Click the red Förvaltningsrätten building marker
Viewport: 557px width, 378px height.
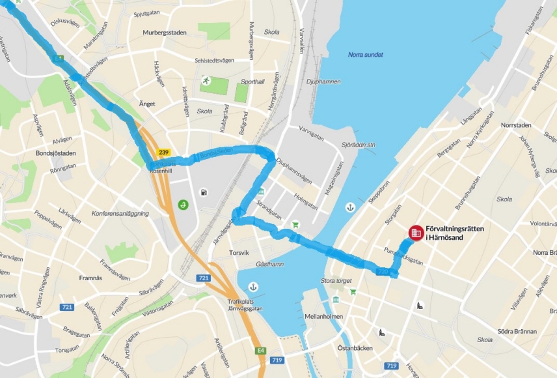point(416,233)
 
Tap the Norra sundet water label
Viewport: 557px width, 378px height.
point(365,55)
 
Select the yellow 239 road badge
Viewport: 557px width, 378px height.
point(164,153)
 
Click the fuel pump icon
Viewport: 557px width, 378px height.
point(204,192)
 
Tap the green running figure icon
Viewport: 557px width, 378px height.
point(206,81)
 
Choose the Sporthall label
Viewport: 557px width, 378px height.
point(253,82)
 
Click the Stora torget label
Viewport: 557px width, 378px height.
point(336,281)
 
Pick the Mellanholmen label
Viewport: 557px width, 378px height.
point(323,317)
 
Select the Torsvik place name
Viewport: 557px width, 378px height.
point(239,252)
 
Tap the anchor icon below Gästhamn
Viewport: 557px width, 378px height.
point(253,287)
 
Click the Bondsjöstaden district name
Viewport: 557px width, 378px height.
point(56,154)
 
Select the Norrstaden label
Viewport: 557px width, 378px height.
point(517,124)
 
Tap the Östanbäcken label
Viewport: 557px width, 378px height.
point(355,348)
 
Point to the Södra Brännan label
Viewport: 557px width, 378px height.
point(515,331)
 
